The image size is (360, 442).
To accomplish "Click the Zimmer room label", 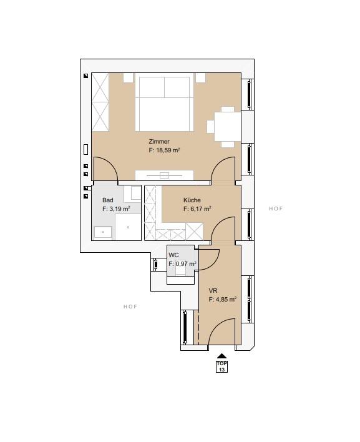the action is click(x=159, y=142).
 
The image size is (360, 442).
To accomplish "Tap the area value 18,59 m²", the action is click(x=168, y=150).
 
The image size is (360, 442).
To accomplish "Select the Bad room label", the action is click(x=107, y=200).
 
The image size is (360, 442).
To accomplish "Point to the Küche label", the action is click(x=192, y=200).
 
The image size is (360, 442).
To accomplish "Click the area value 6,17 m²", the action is click(x=200, y=209).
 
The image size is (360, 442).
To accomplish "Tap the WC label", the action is click(x=173, y=255).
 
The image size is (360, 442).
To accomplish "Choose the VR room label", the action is click(x=213, y=291).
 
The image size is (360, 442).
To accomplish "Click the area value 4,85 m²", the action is click(x=226, y=300).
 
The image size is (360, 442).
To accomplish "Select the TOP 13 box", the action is click(x=221, y=366).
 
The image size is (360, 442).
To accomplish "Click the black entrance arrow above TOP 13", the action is click(x=221, y=356).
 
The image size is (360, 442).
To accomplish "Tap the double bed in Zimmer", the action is click(x=165, y=102).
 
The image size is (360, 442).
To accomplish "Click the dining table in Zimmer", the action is click(x=228, y=127).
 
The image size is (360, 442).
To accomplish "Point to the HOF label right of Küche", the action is click(x=276, y=209).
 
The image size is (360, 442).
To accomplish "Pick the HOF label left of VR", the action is click(x=130, y=307).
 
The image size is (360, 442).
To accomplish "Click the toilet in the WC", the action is click(x=180, y=270).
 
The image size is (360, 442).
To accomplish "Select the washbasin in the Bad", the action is click(x=103, y=233).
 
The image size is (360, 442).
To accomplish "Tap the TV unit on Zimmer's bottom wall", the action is click(x=165, y=175).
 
